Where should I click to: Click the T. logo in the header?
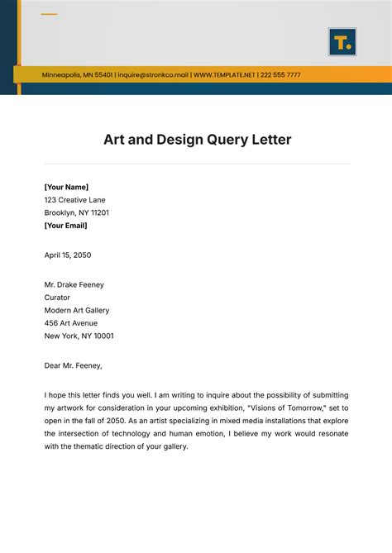click(x=342, y=42)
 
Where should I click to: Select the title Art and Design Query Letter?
click(x=197, y=140)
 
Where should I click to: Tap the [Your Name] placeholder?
click(x=66, y=187)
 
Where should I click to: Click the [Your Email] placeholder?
click(x=65, y=225)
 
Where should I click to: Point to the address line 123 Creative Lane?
click(x=74, y=200)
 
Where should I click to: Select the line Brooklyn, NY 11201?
click(x=77, y=212)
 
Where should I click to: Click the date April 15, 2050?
click(x=69, y=255)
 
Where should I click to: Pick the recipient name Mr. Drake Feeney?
click(x=74, y=285)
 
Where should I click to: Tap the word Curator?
click(x=57, y=298)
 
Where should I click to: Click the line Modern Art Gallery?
click(x=77, y=310)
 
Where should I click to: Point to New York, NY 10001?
click(x=79, y=336)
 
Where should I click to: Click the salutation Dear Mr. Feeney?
click(x=74, y=365)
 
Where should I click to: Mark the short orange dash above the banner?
click(x=49, y=14)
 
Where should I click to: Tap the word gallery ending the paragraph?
click(x=174, y=446)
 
